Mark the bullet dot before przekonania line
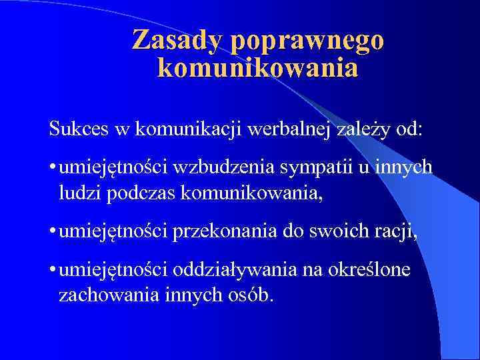(52, 231)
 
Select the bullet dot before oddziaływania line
(52, 270)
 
